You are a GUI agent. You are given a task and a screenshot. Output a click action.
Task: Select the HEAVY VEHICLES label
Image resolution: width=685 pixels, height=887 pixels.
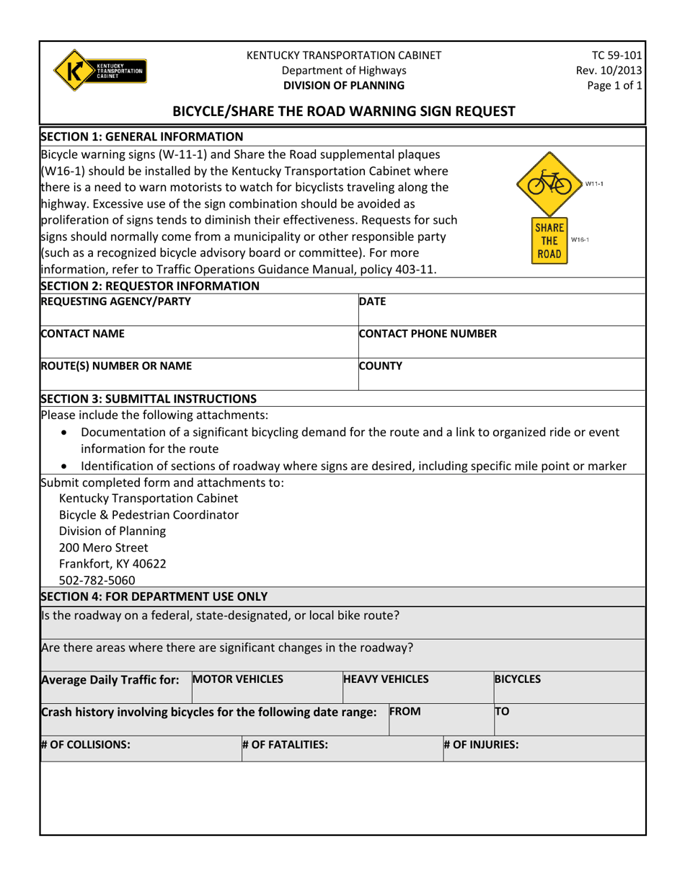click(x=386, y=679)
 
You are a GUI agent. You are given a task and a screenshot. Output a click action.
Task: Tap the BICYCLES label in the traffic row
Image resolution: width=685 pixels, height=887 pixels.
click(x=518, y=679)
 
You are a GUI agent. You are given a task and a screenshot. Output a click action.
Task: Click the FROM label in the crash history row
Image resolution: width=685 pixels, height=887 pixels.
click(x=405, y=711)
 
